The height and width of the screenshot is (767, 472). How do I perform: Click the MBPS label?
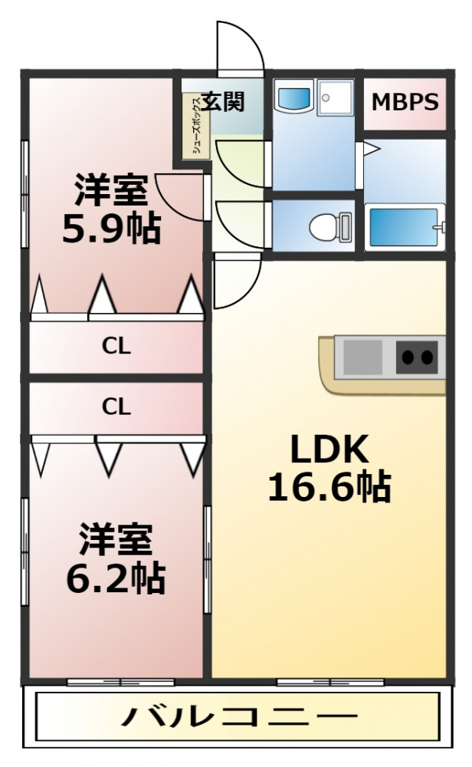pos(405,102)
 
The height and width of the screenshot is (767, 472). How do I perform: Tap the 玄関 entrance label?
pos(223,102)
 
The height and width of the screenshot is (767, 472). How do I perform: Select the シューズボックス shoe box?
pos(196,126)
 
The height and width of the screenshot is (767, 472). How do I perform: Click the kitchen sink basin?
pos(362,357)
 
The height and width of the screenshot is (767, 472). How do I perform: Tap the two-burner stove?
pos(417,357)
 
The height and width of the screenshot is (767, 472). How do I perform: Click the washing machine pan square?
pos(335,98)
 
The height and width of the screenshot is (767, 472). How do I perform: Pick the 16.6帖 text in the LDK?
pos(329,487)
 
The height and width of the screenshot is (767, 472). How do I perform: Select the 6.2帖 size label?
pos(116,578)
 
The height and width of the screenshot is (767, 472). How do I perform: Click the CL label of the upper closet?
pos(116,347)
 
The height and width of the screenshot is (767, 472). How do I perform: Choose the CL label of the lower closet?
pos(116,406)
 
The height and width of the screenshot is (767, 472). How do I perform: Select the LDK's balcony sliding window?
pos(330,682)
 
